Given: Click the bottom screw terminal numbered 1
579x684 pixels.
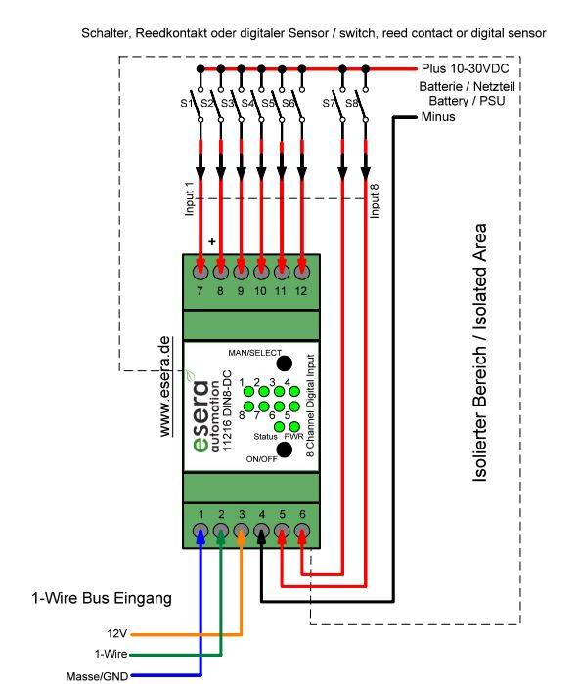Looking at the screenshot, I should (x=200, y=532).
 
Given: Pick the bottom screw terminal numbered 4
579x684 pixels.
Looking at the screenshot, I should (x=261, y=532).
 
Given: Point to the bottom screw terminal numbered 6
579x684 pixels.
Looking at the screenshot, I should (x=302, y=532).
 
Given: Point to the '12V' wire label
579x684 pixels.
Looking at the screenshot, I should (x=116, y=634).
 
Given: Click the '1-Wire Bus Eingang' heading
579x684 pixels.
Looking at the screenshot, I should (x=100, y=597).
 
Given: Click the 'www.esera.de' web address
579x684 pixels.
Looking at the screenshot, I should (x=165, y=385).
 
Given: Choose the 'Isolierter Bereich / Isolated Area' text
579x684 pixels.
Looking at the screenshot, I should (x=479, y=352).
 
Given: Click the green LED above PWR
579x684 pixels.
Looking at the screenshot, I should (x=293, y=426).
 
